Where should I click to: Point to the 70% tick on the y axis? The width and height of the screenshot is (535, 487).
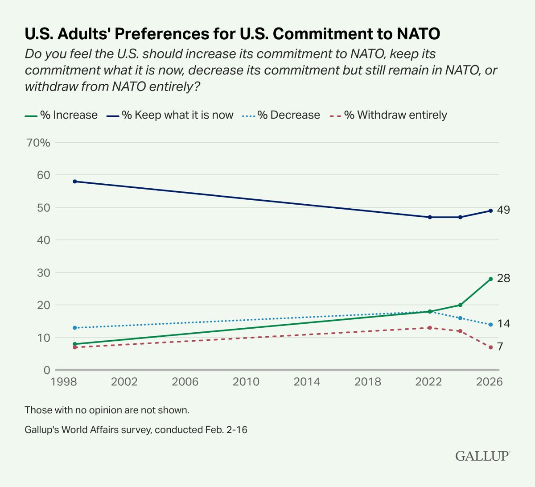[38, 143]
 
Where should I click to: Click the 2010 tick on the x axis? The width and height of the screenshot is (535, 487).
[246, 382]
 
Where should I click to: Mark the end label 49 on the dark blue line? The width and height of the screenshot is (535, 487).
[503, 210]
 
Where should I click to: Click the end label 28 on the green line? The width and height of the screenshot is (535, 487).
[503, 278]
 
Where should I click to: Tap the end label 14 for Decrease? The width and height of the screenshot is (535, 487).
[503, 324]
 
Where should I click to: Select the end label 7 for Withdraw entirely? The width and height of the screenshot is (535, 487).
[500, 347]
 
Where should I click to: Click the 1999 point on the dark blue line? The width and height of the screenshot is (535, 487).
[75, 182]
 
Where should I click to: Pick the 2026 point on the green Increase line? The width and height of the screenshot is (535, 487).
[490, 279]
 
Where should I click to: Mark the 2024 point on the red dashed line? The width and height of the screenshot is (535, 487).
[460, 331]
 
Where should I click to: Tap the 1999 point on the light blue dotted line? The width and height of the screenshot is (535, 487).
[75, 328]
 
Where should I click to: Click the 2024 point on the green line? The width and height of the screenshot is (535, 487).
[460, 305]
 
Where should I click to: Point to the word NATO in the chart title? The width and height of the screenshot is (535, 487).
[414, 33]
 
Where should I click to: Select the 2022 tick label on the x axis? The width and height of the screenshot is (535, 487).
[429, 382]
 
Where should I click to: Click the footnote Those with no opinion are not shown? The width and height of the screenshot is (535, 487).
[110, 409]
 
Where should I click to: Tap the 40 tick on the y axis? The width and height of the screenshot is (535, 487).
[43, 240]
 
